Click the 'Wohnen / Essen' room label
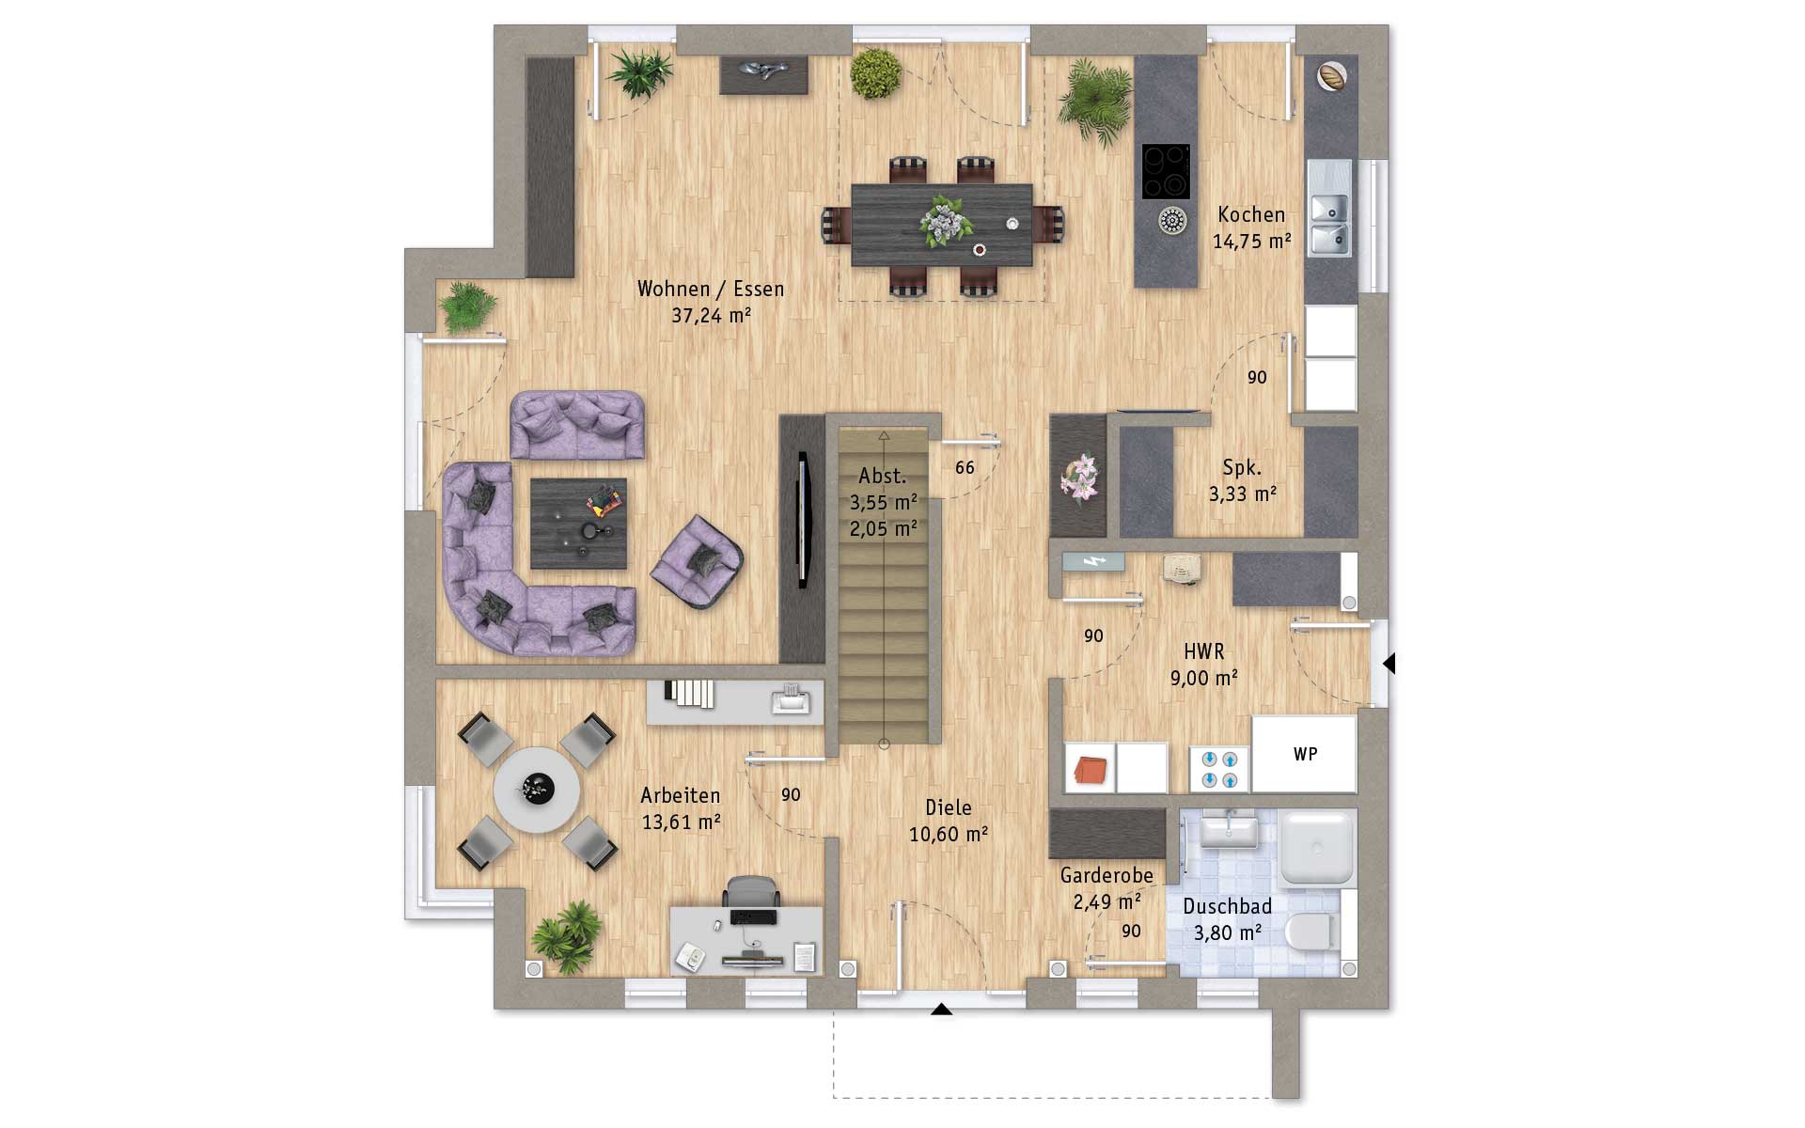click(711, 289)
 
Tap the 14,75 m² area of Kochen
click(1251, 242)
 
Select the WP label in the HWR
click(1305, 754)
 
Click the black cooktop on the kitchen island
click(1166, 171)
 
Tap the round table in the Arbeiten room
click(537, 790)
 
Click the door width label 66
click(965, 467)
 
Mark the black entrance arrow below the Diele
click(941, 1010)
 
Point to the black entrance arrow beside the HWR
click(1389, 664)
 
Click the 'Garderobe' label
click(1107, 875)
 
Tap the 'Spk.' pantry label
click(1242, 467)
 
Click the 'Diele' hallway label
click(948, 807)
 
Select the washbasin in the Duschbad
click(1229, 830)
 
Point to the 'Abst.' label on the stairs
click(882, 476)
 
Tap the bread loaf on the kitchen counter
click(1331, 75)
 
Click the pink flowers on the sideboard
click(1079, 477)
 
